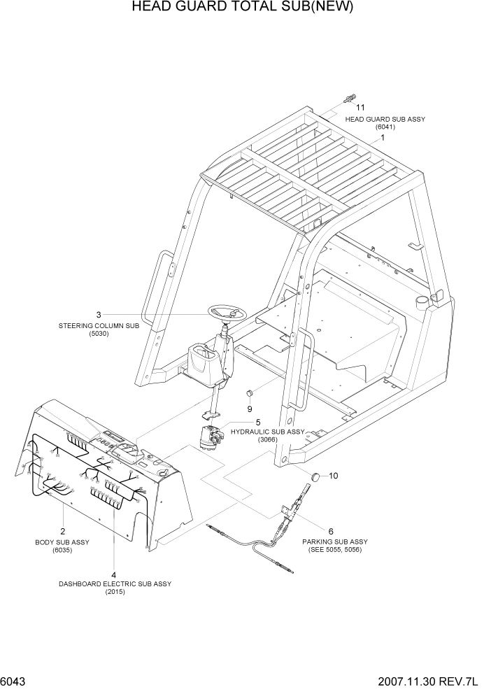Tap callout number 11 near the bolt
tap(361, 108)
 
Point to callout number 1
tap(383, 138)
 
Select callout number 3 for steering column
tap(99, 314)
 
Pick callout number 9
tap(249, 409)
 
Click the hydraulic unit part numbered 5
tap(209, 439)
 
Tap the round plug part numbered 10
tap(316, 476)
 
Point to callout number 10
tap(333, 476)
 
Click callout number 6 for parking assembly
tap(330, 531)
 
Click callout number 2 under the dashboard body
tap(63, 531)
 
